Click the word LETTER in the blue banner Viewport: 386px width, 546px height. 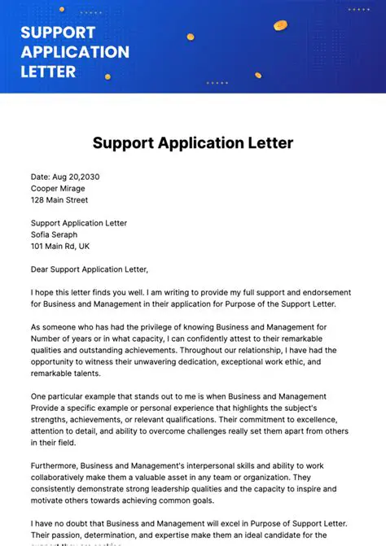(48, 71)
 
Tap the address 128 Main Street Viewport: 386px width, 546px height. (59, 199)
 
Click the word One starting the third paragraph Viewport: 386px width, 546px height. (40, 395)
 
